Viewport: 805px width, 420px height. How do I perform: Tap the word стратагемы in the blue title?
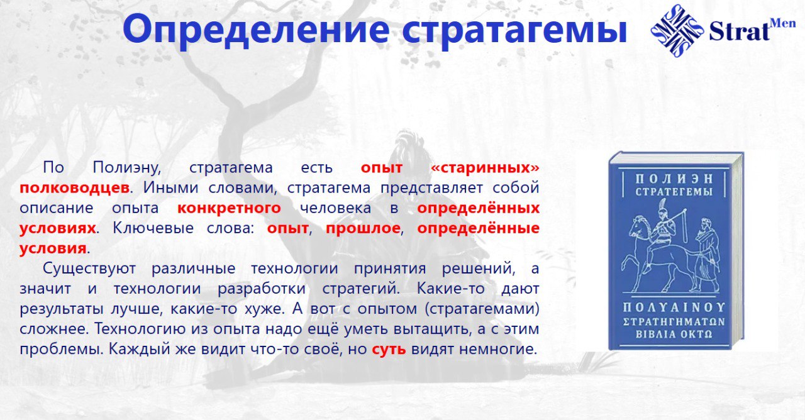pos(514,30)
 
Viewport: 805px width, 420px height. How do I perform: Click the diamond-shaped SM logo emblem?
pos(677,31)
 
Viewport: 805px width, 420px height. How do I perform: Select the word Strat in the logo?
pos(740,31)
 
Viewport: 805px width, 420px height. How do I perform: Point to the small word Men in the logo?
pos(784,23)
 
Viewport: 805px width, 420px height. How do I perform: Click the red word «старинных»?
pos(485,168)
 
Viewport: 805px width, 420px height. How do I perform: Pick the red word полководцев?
pos(74,187)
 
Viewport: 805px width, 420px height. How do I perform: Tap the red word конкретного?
pos(229,208)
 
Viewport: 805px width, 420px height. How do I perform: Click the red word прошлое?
pos(363,228)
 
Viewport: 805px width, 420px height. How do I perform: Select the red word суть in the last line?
pos(389,349)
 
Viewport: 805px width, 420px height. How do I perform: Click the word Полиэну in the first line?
pos(127,168)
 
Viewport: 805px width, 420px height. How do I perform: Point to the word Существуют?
pos(89,268)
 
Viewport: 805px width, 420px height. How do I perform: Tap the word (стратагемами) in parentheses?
pos(482,309)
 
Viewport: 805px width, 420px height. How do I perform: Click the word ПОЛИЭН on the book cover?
pos(674,179)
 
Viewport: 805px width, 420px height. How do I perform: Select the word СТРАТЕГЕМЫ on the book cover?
pos(674,192)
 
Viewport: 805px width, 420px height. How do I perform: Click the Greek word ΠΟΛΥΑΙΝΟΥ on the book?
pos(674,307)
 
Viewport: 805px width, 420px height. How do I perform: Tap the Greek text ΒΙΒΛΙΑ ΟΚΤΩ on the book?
pos(674,334)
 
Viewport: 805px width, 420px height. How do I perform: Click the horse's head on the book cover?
pos(638,226)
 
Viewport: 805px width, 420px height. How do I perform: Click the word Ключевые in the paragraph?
pos(153,228)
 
